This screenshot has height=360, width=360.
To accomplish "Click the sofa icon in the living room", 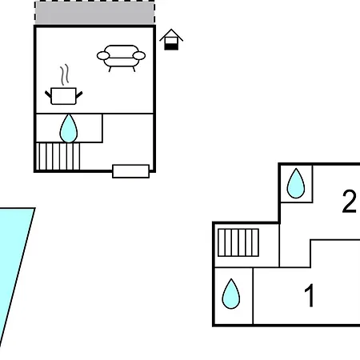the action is pyautogui.click(x=121, y=58).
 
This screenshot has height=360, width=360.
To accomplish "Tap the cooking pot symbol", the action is pyautogui.click(x=63, y=96).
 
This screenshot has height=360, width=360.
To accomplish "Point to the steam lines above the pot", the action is pyautogui.click(x=65, y=74).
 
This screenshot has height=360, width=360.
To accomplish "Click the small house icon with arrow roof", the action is pyautogui.click(x=171, y=39).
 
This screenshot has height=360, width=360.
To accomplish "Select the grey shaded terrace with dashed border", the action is pyautogui.click(x=94, y=13).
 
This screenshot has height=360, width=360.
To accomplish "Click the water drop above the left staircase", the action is pyautogui.click(x=69, y=128).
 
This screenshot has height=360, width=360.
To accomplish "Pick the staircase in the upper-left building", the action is pyautogui.click(x=58, y=156).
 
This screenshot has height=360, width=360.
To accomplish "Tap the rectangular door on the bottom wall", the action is pyautogui.click(x=130, y=171).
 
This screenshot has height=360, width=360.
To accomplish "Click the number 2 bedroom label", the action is pyautogui.click(x=349, y=202).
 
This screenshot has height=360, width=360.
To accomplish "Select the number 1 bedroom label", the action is pyautogui.click(x=310, y=295).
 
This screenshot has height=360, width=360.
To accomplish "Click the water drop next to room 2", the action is pyautogui.click(x=296, y=183).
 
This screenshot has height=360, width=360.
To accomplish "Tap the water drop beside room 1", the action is pyautogui.click(x=231, y=294).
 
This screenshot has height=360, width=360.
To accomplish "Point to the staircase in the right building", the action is pyautogui.click(x=238, y=242).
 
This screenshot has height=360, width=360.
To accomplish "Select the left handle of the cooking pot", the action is pyautogui.click(x=48, y=94).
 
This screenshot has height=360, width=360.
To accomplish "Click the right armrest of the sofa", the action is pyautogui.click(x=139, y=56).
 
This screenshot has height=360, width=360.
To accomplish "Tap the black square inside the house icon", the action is pyautogui.click(x=171, y=46).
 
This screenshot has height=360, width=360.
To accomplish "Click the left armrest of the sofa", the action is pyautogui.click(x=103, y=56).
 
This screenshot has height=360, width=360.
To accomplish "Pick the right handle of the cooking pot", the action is pyautogui.click(x=79, y=94).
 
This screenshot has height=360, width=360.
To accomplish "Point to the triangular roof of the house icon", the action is pyautogui.click(x=171, y=34).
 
